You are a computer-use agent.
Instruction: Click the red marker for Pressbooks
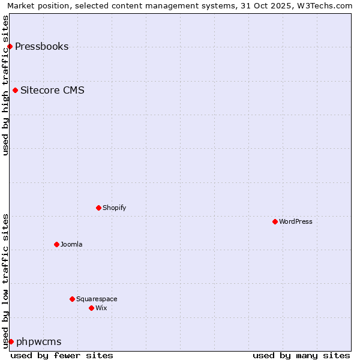[x=10, y=47]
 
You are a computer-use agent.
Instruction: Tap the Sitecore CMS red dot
[x=15, y=91]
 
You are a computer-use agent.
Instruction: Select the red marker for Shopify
[x=98, y=208]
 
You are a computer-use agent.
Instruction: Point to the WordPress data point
[x=275, y=222]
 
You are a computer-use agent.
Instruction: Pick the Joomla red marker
[x=56, y=244]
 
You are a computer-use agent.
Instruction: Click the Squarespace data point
[x=72, y=299]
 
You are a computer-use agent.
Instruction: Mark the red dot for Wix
[x=91, y=308]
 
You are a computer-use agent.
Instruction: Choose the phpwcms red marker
[x=11, y=341]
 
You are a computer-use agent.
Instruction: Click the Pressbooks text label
[x=41, y=47]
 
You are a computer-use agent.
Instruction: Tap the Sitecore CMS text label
[x=52, y=91]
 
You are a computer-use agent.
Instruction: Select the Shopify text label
[x=114, y=208]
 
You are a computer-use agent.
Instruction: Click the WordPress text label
[x=295, y=222]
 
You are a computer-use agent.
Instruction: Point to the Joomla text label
[x=71, y=244]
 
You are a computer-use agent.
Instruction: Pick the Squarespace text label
[x=97, y=299]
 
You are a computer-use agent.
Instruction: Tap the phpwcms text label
[x=38, y=342]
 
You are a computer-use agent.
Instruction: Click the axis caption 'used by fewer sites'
[x=62, y=355]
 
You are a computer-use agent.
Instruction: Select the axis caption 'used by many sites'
[x=301, y=355]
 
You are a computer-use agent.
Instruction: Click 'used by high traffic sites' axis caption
[x=5, y=85]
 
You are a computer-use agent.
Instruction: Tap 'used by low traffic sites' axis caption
[x=5, y=280]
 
